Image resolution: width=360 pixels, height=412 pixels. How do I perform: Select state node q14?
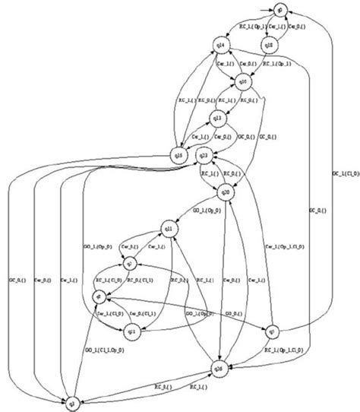pyautogui.click(x=220, y=48)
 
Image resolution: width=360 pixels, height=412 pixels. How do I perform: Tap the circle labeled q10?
pyautogui.click(x=243, y=82)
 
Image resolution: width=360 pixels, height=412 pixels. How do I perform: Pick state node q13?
pyautogui.click(x=216, y=118)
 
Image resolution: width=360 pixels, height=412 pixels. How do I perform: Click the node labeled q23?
pyautogui.click(x=203, y=156)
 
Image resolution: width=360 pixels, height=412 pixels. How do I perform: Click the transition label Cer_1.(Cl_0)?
pyautogui.click(x=105, y=312)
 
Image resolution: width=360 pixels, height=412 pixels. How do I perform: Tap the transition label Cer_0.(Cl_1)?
pyautogui.click(x=141, y=312)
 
